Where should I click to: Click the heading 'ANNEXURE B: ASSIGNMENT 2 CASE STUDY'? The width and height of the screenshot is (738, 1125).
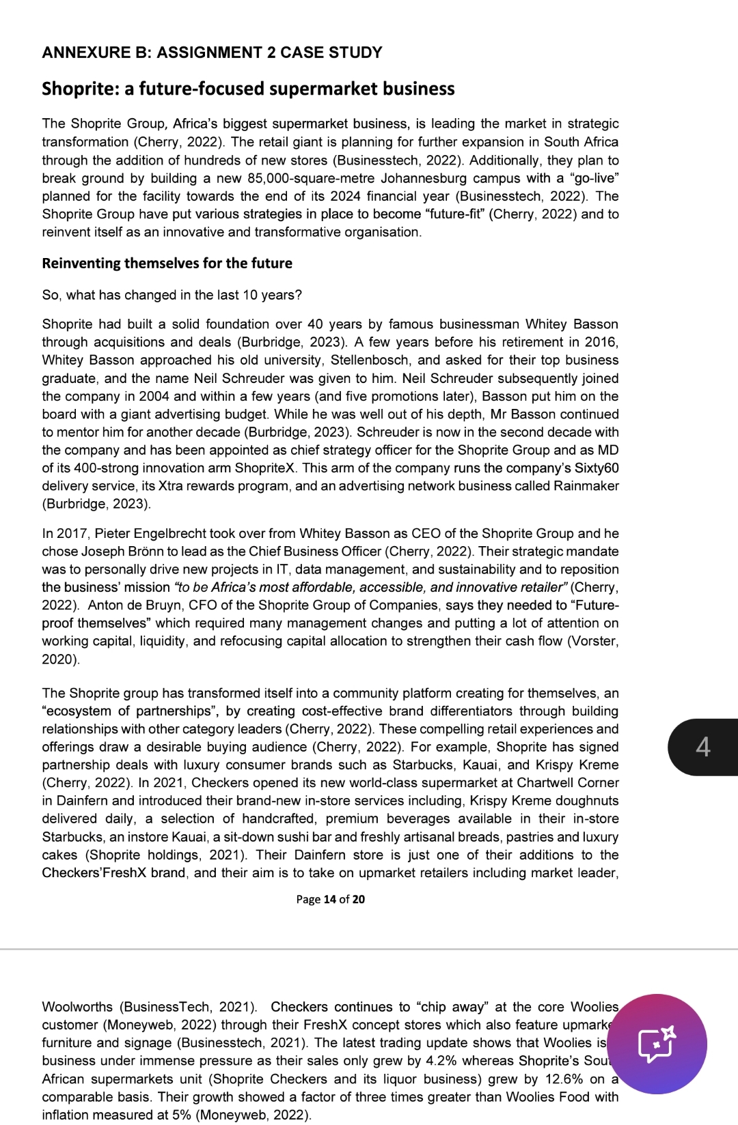(212, 53)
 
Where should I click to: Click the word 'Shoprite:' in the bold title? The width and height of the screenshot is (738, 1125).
(80, 89)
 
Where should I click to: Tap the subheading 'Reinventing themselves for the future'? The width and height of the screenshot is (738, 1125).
(167, 264)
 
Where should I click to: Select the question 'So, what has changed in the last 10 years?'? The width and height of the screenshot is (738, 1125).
(172, 295)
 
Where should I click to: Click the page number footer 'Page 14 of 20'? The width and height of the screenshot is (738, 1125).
(330, 899)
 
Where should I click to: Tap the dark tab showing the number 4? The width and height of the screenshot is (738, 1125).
(703, 747)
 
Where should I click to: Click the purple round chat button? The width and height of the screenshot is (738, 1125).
(657, 1044)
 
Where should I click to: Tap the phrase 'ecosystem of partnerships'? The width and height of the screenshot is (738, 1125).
(128, 711)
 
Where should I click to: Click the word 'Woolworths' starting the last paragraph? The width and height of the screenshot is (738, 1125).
(77, 1007)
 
